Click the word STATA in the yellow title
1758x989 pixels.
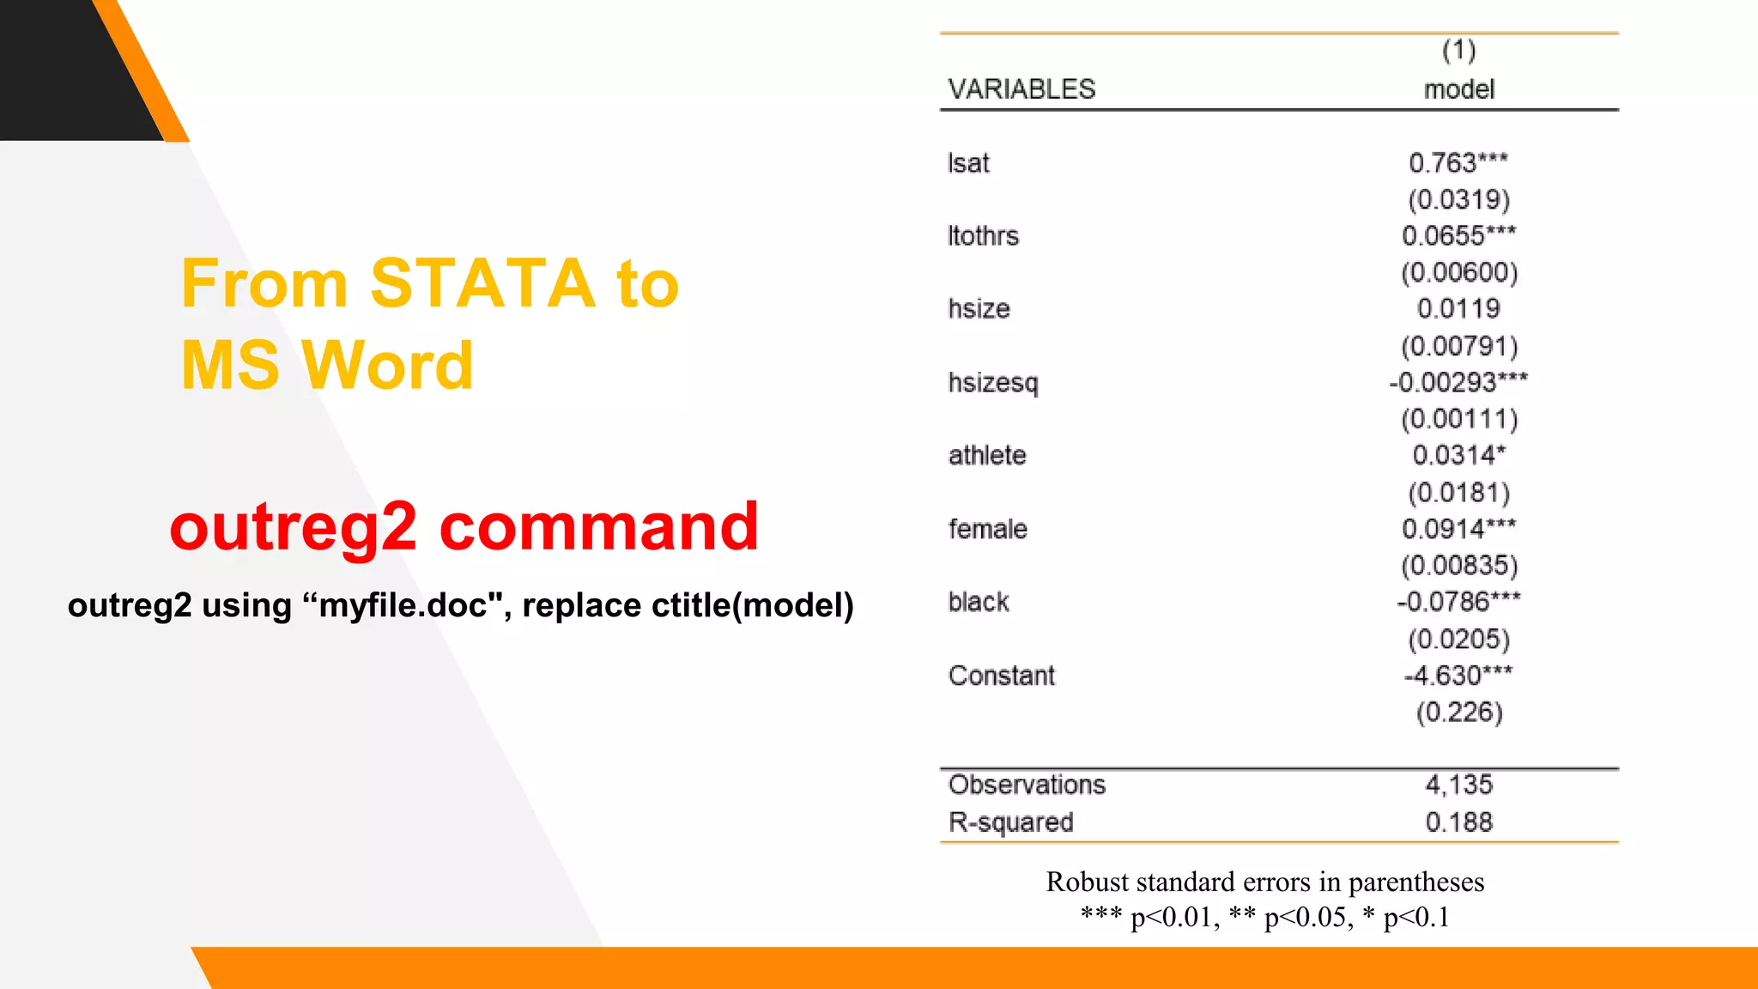click(482, 283)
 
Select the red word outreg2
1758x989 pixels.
click(294, 526)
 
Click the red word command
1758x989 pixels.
click(599, 526)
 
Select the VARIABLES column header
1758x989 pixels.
click(1021, 89)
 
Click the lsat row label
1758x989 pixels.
click(968, 163)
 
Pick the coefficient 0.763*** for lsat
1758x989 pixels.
click(1458, 162)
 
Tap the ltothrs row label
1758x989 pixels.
click(983, 236)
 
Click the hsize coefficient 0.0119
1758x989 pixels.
click(1458, 309)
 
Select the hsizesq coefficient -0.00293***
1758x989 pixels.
click(1458, 382)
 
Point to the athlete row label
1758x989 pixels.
click(987, 455)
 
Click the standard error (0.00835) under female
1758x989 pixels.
click(1459, 566)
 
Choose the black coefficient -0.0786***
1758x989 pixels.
click(1458, 602)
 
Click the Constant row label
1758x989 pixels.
click(1001, 676)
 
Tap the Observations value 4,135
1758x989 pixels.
click(1458, 785)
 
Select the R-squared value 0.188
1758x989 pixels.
click(1458, 822)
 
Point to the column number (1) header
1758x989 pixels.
click(1458, 51)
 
